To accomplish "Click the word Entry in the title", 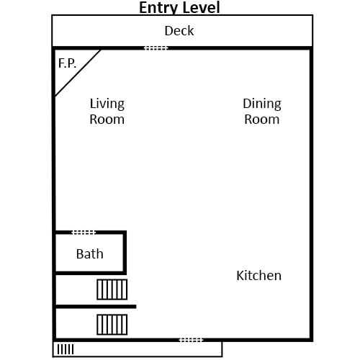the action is click(x=158, y=8).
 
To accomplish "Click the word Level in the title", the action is click(x=201, y=7).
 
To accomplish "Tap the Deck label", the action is click(x=179, y=31).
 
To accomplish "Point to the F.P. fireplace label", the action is click(x=67, y=63).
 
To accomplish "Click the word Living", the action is click(x=107, y=104).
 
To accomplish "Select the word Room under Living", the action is click(x=107, y=120).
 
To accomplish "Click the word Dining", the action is click(x=262, y=104).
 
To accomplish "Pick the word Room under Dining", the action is click(x=262, y=120).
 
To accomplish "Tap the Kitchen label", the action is click(x=259, y=275).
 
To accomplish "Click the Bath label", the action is click(x=90, y=254).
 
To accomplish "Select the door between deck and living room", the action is click(x=156, y=48).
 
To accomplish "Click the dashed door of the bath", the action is click(x=84, y=233).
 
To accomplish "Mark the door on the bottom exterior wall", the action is click(x=192, y=340).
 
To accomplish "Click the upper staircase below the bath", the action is click(x=112, y=289).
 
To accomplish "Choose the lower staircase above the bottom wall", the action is click(x=112, y=325).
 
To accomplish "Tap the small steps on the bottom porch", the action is click(x=66, y=349).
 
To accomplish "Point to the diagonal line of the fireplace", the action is click(x=78, y=73).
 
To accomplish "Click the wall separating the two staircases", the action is click(x=96, y=307).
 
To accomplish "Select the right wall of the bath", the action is click(x=125, y=253).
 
